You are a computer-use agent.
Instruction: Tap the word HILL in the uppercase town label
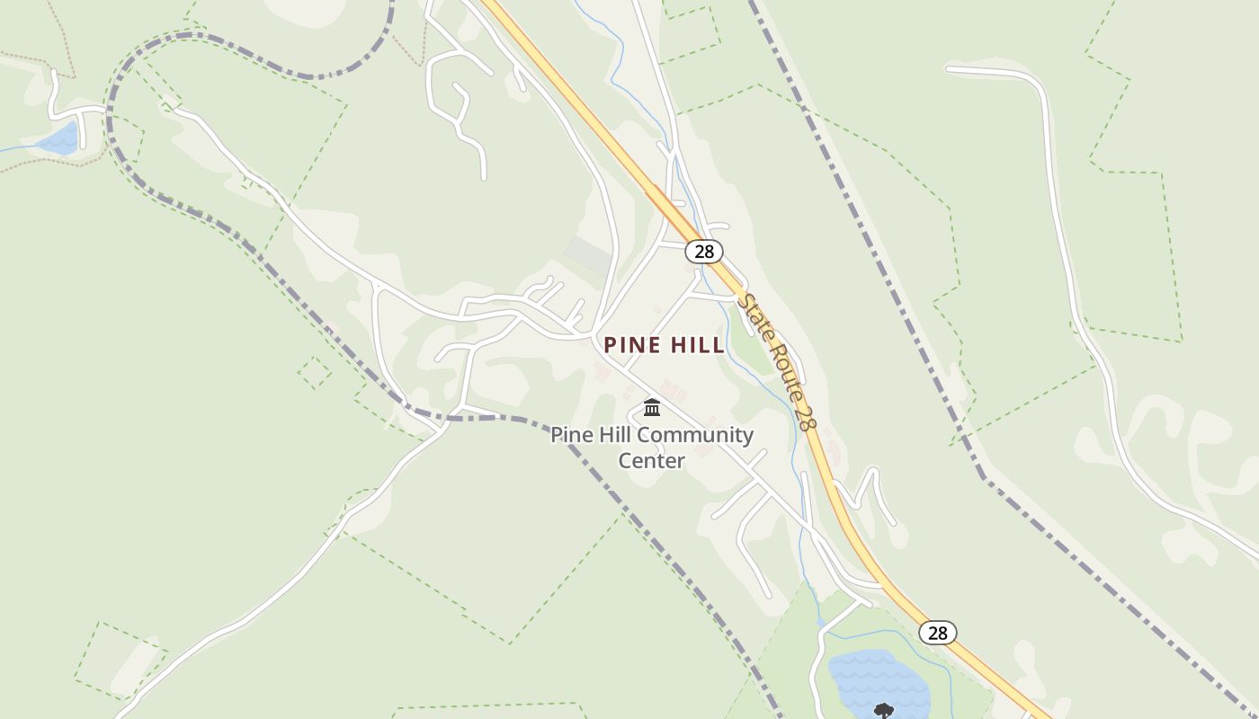(x=693, y=345)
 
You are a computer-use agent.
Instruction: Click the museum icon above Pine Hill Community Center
(x=652, y=409)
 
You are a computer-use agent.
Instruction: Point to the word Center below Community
(x=651, y=461)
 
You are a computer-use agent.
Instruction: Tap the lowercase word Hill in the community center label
(x=615, y=436)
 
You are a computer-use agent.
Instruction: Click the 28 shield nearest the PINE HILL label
(x=703, y=252)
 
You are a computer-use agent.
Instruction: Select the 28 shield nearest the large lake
(x=937, y=633)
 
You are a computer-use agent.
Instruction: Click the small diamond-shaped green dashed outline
(x=315, y=372)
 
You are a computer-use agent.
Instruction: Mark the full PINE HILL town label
(x=664, y=345)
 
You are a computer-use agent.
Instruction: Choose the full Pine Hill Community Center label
(x=652, y=448)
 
